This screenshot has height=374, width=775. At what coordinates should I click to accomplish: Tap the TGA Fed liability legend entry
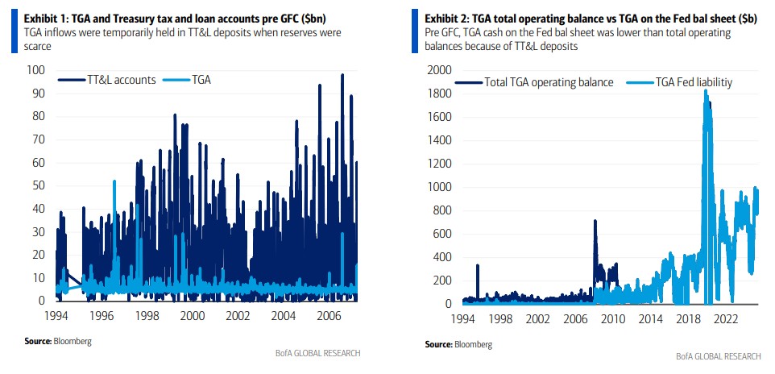pos(685,81)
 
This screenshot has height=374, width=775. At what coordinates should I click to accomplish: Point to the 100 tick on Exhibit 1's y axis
pos(36,69)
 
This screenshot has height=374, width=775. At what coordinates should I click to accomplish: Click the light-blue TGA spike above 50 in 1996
pos(114,181)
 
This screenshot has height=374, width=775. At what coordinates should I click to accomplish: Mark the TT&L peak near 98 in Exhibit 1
pos(342,75)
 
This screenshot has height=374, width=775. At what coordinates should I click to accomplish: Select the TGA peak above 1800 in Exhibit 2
pos(706,90)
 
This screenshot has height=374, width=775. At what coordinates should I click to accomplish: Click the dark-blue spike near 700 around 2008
pos(595,221)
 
